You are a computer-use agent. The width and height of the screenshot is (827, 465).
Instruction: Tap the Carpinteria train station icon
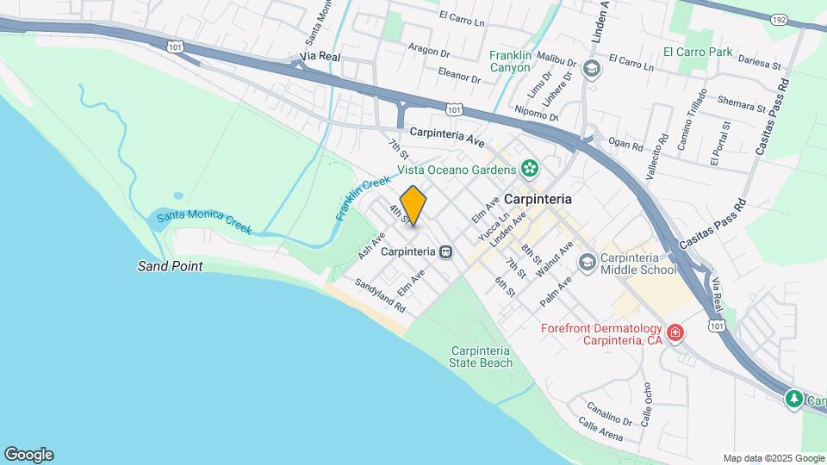[445, 252]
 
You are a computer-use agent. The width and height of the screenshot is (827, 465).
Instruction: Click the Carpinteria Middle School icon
[588, 261]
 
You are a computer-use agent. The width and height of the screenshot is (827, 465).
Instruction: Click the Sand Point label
[170, 266]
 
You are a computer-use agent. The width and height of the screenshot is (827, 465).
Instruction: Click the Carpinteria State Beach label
[481, 356]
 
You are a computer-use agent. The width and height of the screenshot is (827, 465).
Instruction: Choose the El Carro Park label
[698, 53]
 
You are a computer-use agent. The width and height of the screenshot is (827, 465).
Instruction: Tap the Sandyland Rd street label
[380, 294]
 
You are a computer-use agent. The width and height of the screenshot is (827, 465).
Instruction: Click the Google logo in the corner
[28, 455]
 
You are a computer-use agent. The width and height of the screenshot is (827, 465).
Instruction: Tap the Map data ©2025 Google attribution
[773, 458]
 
